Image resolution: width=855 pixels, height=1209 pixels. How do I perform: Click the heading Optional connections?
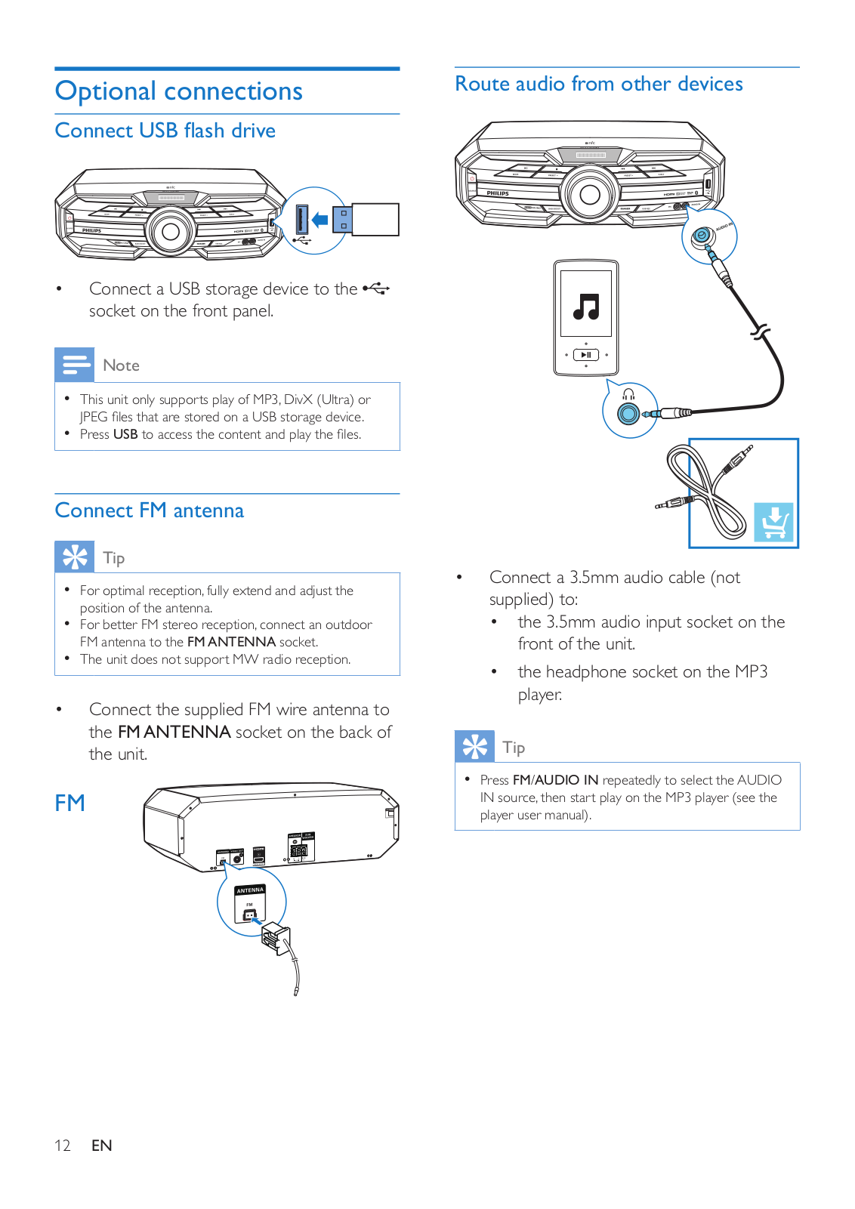pos(179,91)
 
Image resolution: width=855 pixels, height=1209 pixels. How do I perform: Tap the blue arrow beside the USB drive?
pos(320,220)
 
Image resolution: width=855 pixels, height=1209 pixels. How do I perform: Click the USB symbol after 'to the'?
pos(376,288)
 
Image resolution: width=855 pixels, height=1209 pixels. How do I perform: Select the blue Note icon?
pos(75,365)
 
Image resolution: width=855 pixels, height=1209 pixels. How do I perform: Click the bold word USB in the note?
pos(125,434)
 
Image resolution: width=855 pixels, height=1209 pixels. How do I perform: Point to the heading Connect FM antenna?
pos(150,510)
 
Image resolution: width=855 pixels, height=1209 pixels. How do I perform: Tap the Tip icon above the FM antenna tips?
pos(75,557)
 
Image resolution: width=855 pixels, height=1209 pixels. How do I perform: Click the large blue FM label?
pos(69,803)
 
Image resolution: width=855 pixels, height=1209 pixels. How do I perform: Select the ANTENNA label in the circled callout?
pos(250,890)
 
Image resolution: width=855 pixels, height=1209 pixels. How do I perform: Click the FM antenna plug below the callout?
pos(274,939)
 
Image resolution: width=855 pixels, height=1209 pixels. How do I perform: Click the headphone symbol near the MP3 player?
pos(628,394)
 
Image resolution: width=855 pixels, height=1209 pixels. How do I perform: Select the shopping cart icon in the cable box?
pos(774,522)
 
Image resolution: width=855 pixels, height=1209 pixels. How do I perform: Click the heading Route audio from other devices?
pos(599,84)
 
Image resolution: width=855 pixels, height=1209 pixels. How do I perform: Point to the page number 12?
pos(63,1146)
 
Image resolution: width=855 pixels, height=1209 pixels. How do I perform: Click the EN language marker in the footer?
pos(102,1146)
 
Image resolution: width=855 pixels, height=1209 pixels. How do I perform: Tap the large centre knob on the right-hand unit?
pos(590,194)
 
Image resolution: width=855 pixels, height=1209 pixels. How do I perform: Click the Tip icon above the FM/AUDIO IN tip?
pos(475,747)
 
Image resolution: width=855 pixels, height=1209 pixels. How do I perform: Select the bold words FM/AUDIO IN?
pos(555,780)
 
